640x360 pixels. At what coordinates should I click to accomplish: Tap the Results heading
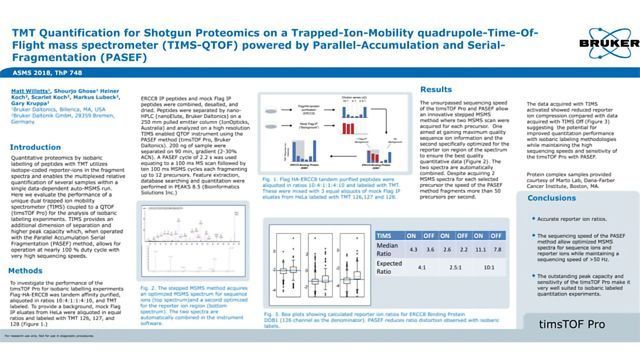coord(440,89)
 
